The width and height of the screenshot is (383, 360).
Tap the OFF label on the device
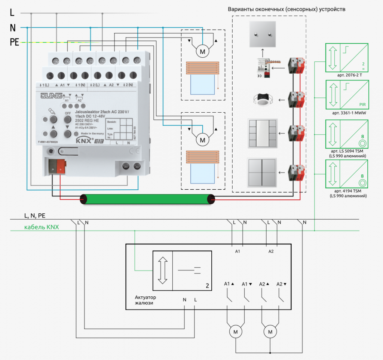point(67,113)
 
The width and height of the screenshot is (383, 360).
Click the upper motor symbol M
point(203,52)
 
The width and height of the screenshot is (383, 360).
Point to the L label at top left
point(12,13)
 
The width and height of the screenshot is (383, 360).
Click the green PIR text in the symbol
point(362,104)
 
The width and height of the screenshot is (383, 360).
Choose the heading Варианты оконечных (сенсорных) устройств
point(286,9)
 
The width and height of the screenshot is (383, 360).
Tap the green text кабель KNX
point(42,227)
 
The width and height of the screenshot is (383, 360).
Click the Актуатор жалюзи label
point(145,300)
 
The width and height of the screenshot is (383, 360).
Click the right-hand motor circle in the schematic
point(270,331)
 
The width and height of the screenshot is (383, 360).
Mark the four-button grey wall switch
point(263,173)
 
